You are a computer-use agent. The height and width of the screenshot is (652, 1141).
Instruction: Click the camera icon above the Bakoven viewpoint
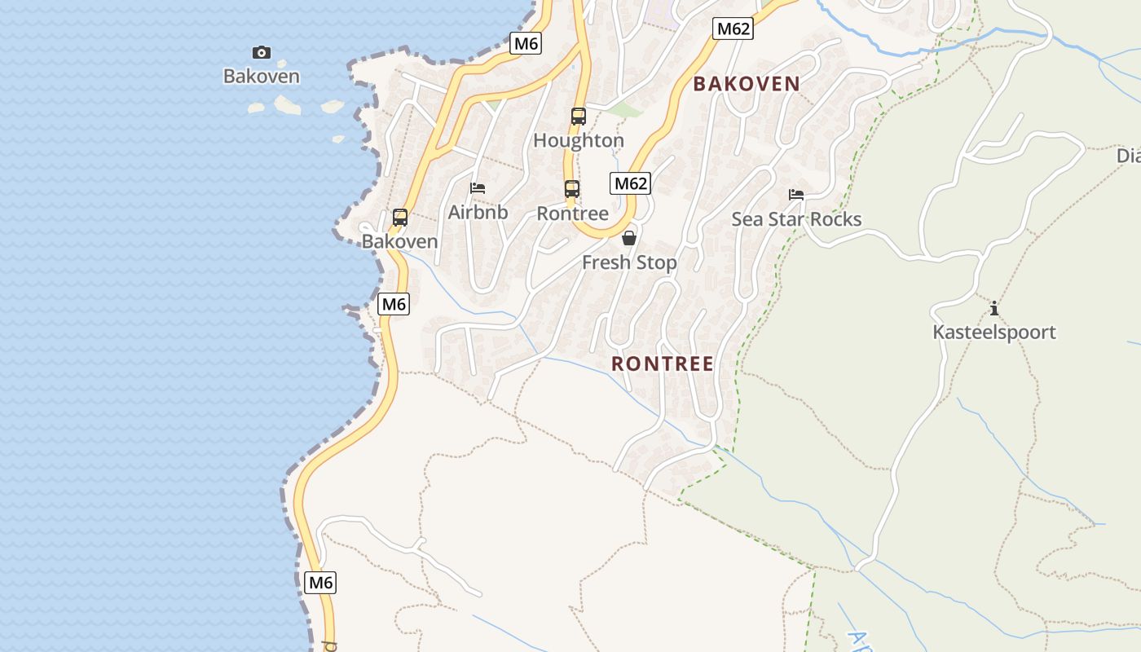click(261, 53)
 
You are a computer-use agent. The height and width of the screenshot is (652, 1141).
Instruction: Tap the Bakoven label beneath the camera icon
click(261, 77)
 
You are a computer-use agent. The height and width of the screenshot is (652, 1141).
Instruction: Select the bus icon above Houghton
click(579, 117)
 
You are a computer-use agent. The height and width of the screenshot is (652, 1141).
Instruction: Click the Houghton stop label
click(579, 140)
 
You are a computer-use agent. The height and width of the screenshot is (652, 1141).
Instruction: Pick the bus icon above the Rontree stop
click(572, 189)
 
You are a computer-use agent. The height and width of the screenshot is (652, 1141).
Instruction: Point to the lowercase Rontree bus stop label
click(572, 214)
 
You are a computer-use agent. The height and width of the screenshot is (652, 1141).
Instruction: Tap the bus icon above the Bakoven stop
click(399, 218)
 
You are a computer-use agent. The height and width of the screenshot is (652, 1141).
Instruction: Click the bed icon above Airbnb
click(478, 188)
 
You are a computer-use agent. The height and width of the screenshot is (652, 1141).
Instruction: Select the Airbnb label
click(478, 212)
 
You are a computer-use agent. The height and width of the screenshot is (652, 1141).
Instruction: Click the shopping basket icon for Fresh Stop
click(629, 238)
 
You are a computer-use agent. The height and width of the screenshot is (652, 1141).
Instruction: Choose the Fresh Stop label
click(629, 262)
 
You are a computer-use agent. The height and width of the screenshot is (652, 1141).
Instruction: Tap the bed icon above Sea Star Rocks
click(796, 195)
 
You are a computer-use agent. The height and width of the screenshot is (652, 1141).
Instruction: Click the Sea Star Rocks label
click(796, 219)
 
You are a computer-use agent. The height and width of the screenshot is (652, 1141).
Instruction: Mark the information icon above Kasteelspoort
click(994, 308)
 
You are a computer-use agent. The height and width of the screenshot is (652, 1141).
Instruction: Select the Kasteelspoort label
click(994, 332)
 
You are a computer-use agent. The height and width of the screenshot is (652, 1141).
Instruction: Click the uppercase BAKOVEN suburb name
click(747, 83)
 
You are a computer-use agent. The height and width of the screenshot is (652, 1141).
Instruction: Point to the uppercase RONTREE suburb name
click(663, 363)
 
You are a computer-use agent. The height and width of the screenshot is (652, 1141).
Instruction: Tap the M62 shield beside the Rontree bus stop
click(631, 183)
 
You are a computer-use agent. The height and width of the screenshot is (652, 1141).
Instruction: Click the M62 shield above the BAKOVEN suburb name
click(732, 29)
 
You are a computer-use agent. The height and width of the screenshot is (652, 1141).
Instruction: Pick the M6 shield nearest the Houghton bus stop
click(526, 43)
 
